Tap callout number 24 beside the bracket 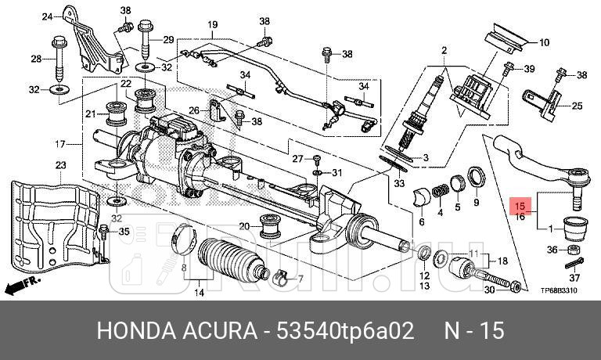[47, 16]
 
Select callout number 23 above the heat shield [61, 165]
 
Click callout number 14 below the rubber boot [199, 293]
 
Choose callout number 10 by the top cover [544, 42]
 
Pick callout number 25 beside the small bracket [577, 106]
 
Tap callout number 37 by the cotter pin [575, 278]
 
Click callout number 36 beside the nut [552, 250]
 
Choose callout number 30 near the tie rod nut [489, 290]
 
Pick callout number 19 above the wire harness [212, 26]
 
